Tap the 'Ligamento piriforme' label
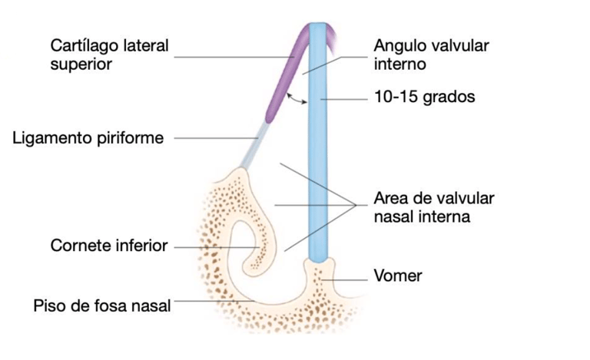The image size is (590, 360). click(89, 138)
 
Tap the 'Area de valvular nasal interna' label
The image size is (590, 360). click(433, 207)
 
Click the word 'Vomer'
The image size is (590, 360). click(397, 275)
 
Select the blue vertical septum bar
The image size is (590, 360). click(317, 154)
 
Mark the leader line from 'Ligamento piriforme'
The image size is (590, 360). click(215, 138)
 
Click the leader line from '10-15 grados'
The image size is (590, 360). click(346, 98)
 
